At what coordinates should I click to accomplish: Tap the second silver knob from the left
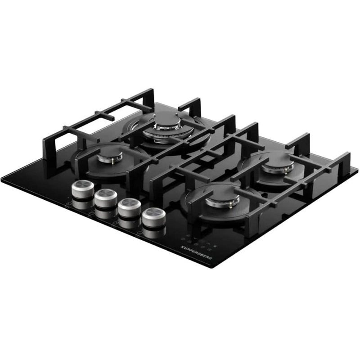pyautogui.click(x=106, y=198)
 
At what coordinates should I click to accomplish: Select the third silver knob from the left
pyautogui.click(x=129, y=207)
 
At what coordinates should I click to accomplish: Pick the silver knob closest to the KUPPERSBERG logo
pyautogui.click(x=153, y=217)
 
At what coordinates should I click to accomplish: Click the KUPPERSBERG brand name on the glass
pyautogui.click(x=196, y=253)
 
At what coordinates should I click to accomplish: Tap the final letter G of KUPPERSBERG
pyautogui.click(x=211, y=258)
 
